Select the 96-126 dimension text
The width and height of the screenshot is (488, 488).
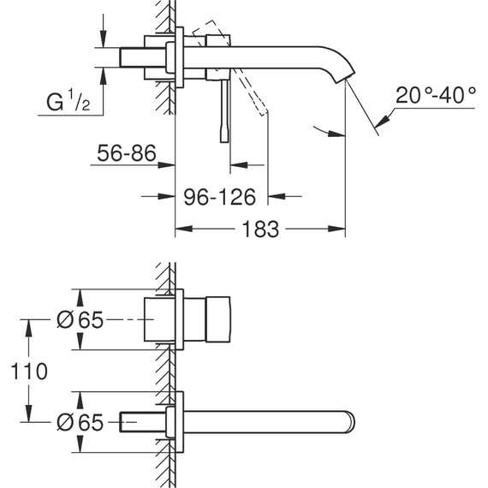(x=220, y=198)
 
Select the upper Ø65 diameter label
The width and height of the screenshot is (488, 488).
(x=80, y=320)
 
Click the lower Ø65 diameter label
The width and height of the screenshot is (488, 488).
(x=80, y=422)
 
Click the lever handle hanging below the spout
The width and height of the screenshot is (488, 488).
(x=227, y=111)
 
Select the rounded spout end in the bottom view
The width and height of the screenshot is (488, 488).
(x=348, y=422)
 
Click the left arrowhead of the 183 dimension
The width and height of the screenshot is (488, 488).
(x=181, y=229)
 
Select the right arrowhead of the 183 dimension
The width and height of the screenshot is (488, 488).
(x=341, y=229)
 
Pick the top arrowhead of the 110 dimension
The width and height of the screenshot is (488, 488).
(x=30, y=324)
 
